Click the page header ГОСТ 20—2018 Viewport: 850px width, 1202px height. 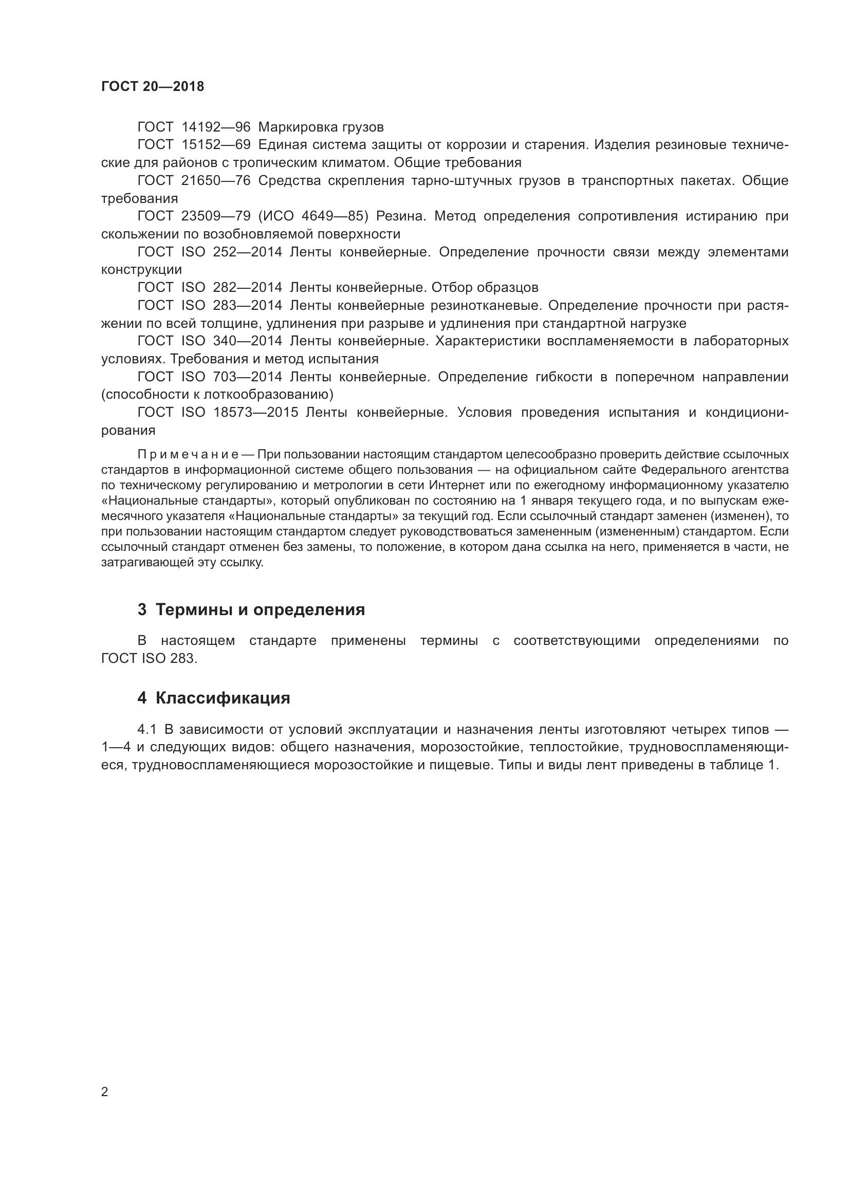pyautogui.click(x=152, y=86)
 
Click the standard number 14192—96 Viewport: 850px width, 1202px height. pyautogui.click(x=216, y=127)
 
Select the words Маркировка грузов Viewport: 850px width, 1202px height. pyautogui.click(x=321, y=127)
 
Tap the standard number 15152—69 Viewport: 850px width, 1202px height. pyautogui.click(x=216, y=145)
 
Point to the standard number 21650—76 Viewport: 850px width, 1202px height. pyautogui.click(x=216, y=180)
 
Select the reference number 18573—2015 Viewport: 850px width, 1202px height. pyautogui.click(x=255, y=413)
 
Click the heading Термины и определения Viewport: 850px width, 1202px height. pyautogui.click(x=260, y=609)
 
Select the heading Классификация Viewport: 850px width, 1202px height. pyautogui.click(x=223, y=698)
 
